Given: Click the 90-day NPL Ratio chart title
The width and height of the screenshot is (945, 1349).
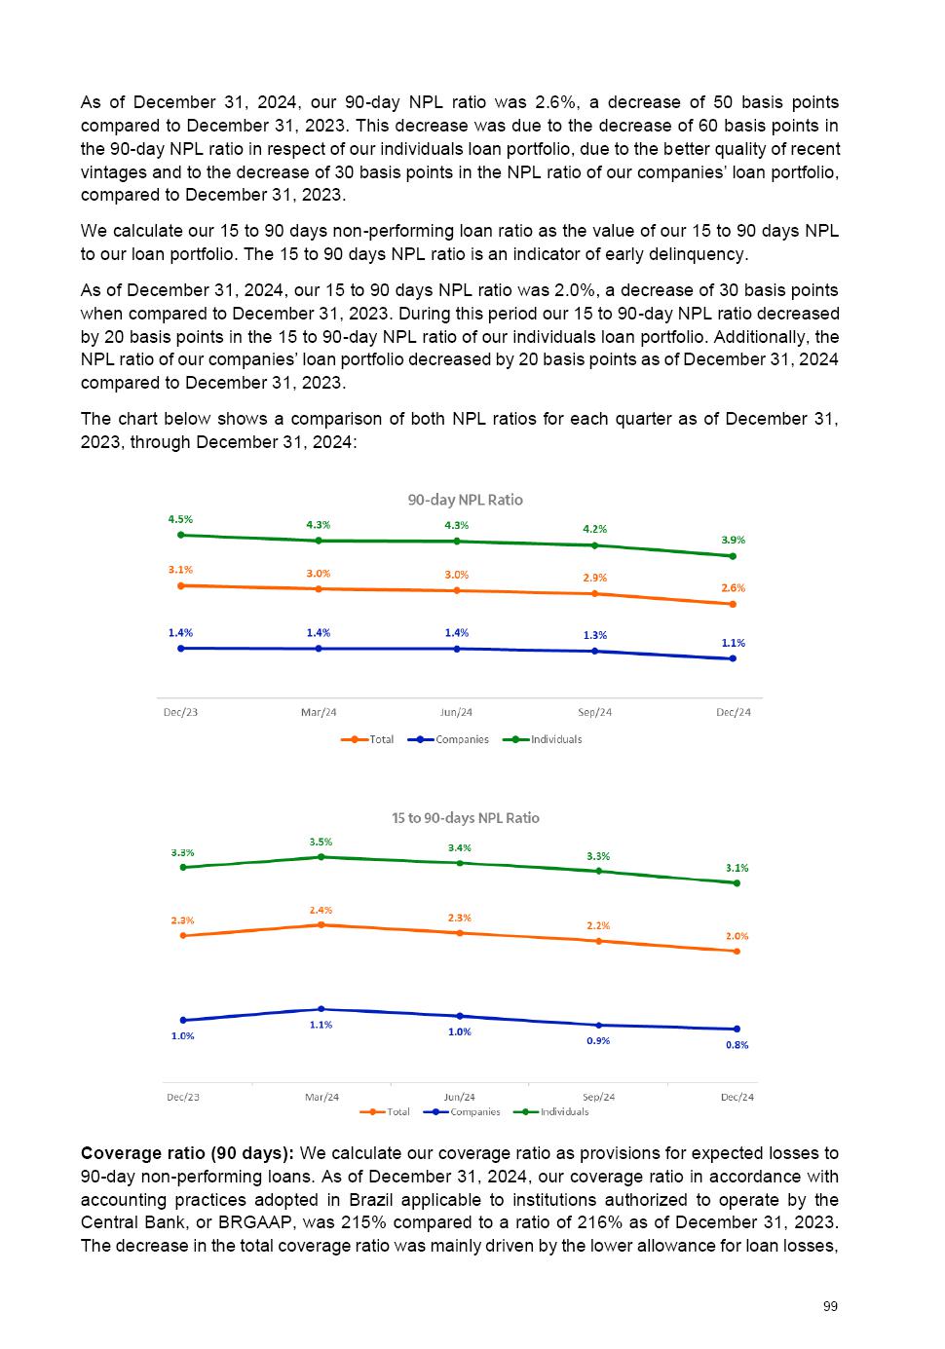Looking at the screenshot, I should [465, 500].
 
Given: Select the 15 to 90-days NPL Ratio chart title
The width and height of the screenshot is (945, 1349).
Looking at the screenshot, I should [465, 818].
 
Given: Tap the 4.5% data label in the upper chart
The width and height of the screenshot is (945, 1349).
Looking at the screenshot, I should [180, 520].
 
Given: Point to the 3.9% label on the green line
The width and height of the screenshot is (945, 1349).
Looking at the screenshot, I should [733, 540].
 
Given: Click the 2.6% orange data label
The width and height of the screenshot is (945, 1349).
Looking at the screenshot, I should [733, 588].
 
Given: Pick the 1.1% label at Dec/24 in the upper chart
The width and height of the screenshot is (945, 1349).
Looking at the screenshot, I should [733, 643].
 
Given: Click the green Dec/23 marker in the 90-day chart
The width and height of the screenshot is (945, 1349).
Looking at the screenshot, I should [180, 535].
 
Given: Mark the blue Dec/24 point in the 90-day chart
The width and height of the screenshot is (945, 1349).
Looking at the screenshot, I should [733, 658].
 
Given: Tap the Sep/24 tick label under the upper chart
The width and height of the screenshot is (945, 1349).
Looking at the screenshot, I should [594, 712].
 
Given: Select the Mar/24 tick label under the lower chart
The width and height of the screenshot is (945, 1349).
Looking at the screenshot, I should [321, 1097].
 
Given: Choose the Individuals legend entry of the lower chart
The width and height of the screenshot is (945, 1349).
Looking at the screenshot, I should [564, 1111].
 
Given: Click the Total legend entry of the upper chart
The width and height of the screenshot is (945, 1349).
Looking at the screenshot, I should [381, 739].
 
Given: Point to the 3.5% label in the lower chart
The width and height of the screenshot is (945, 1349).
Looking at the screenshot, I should [321, 842].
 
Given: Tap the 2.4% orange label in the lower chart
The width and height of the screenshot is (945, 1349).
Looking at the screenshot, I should [321, 910].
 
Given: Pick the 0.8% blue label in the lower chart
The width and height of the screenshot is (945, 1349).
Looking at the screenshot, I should [737, 1045].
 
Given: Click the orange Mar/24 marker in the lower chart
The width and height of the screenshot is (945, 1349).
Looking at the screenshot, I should [321, 924].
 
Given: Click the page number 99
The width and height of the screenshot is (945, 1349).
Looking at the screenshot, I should [830, 1306].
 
